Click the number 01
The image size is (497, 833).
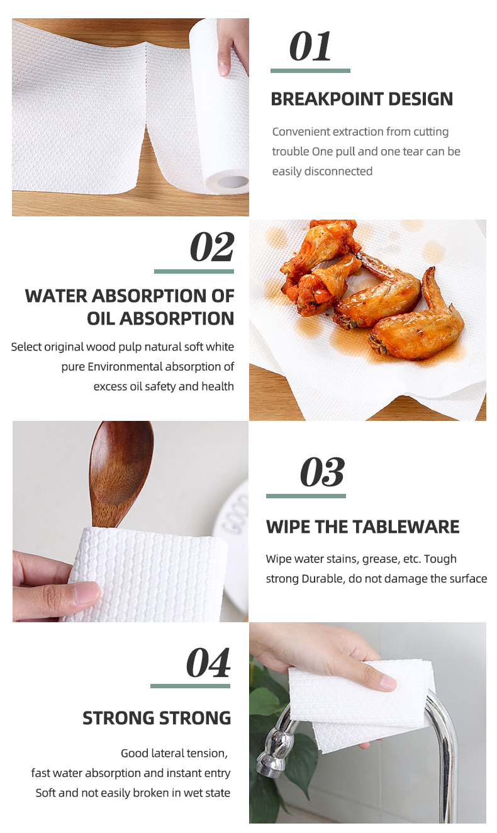click(310, 46)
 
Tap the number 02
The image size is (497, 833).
click(212, 247)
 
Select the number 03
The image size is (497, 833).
click(322, 472)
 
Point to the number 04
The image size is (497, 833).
click(208, 663)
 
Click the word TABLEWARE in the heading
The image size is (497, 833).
click(406, 527)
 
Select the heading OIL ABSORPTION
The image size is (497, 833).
click(160, 319)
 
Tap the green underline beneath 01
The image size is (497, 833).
click(310, 70)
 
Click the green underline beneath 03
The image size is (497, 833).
click(306, 496)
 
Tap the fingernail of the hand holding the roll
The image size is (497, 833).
click(224, 69)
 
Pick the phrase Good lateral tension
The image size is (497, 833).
click(174, 754)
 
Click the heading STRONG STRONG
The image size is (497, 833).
click(157, 718)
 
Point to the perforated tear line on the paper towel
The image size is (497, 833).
click(146, 89)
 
